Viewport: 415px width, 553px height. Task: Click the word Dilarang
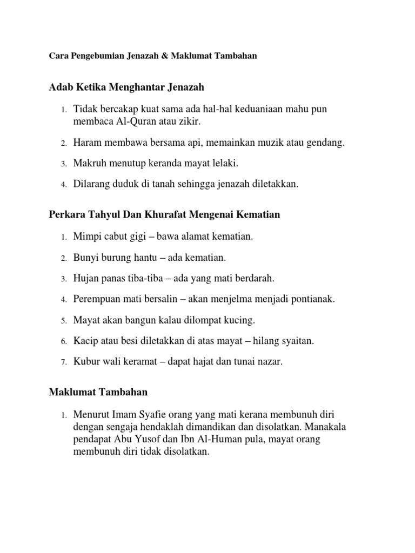pos(93,184)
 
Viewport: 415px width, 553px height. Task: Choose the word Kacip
pos(85,341)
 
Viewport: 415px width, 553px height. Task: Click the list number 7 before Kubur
pos(63,362)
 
